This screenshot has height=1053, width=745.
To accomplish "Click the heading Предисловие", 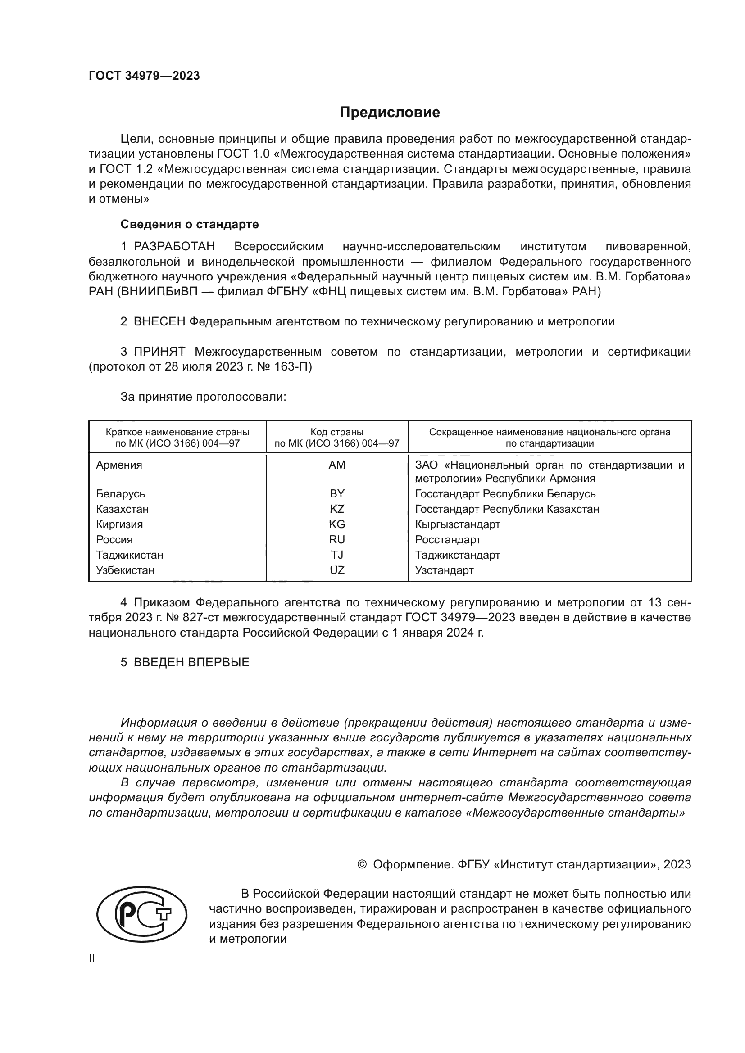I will [390, 113].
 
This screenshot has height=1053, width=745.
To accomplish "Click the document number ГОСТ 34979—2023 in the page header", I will [144, 76].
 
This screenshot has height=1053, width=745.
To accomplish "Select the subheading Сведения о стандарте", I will [190, 224].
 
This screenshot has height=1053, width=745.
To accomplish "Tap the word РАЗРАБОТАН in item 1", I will [174, 247].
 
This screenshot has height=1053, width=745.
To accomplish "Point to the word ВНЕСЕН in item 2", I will [159, 321].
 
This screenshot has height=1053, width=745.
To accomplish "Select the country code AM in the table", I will [337, 465].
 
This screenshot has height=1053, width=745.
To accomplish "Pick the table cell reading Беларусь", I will [121, 494].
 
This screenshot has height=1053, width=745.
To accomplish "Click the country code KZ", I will [337, 509].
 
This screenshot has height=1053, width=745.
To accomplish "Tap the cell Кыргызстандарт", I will [457, 524].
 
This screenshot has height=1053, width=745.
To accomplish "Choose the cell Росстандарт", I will [448, 540].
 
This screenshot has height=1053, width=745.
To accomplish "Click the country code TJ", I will [337, 555].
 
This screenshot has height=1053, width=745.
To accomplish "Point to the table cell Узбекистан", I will [125, 570].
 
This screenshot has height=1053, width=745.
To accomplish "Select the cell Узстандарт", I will [444, 570].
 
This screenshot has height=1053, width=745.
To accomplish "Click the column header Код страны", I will [337, 432].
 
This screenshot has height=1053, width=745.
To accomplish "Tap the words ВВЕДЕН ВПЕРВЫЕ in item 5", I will [191, 662].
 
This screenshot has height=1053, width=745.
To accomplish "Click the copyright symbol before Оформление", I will [362, 864].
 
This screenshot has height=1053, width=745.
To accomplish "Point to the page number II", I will [92, 958].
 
